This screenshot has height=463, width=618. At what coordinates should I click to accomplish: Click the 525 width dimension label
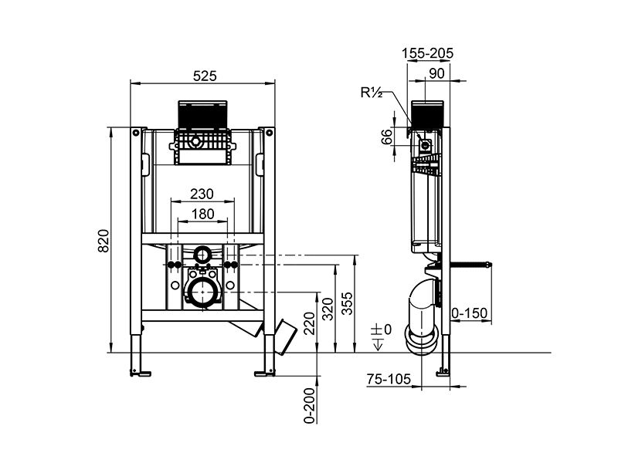click(x=205, y=76)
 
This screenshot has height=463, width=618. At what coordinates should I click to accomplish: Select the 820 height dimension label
click(x=104, y=241)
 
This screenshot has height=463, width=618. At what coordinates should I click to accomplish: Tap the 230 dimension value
click(x=202, y=194)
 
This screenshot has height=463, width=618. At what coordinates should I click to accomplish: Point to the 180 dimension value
click(x=202, y=214)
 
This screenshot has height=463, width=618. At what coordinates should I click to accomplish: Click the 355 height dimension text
click(x=347, y=303)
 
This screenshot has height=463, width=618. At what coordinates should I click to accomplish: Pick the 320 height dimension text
click(x=328, y=309)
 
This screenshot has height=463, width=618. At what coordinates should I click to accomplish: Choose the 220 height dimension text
click(x=310, y=323)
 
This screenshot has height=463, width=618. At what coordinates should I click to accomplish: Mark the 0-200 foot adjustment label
click(x=310, y=406)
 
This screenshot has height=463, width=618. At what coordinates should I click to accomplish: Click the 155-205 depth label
click(x=428, y=52)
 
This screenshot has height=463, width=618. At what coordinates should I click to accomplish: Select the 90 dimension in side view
click(x=436, y=73)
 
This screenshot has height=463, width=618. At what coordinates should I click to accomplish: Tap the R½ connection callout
click(x=372, y=93)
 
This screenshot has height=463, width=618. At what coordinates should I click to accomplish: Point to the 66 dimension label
click(x=387, y=137)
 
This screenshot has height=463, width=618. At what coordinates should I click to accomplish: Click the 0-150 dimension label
click(x=470, y=313)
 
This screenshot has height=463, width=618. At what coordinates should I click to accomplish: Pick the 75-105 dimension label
click(x=389, y=379)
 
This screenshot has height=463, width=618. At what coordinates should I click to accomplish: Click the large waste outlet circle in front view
click(x=202, y=292)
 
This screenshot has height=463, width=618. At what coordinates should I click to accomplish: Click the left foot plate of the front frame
click(x=140, y=373)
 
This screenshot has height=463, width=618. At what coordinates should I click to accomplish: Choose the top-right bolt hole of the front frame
click(x=269, y=133)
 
